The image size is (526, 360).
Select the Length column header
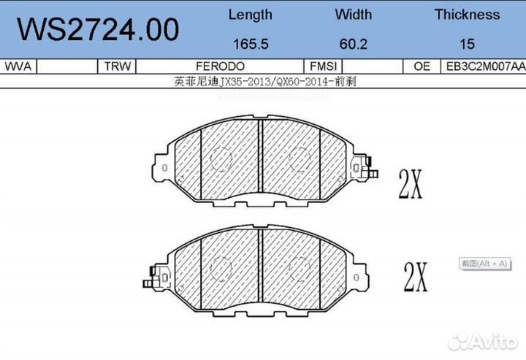pyautogui.click(x=250, y=15)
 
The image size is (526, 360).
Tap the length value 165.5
pyautogui.click(x=250, y=44)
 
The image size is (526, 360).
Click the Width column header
pyautogui.click(x=353, y=15)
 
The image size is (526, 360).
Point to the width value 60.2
pyautogui.click(x=353, y=44)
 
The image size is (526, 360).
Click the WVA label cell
pyautogui.click(x=18, y=66)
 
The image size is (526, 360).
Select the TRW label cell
pyautogui.click(x=117, y=66)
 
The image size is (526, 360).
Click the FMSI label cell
pyautogui.click(x=323, y=66)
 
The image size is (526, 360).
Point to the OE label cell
pyautogui.click(x=422, y=66)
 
